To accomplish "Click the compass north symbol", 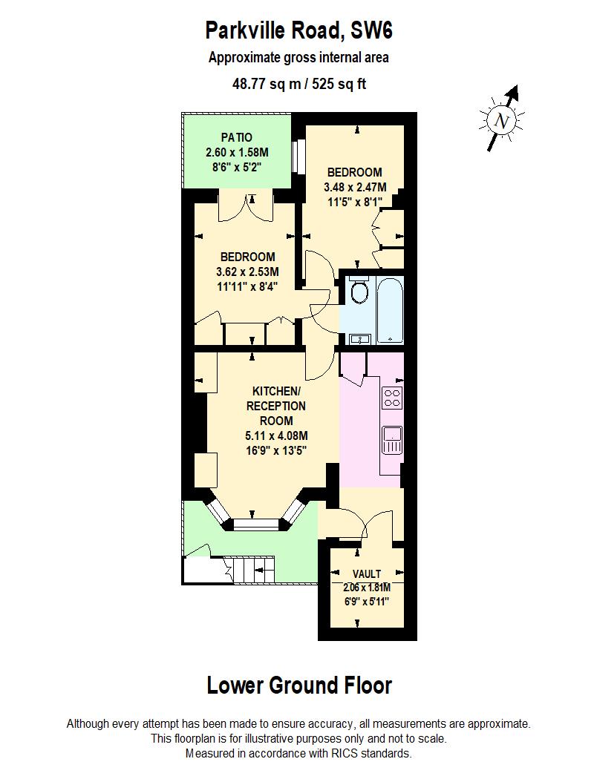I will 503,120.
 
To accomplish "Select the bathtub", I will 389,310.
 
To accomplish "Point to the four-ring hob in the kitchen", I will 393,398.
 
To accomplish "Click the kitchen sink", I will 392,439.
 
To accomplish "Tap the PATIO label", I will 237,137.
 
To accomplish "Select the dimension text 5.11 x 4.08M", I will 276,435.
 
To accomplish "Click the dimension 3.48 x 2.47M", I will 355,186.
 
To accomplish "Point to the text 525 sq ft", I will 341,85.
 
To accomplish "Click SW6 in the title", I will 369,32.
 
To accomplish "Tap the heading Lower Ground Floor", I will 298,686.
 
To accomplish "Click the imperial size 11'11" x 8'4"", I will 247,286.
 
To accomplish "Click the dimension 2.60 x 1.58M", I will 237,151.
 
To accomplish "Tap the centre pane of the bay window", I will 255,523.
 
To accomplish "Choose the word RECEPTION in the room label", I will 276,406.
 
